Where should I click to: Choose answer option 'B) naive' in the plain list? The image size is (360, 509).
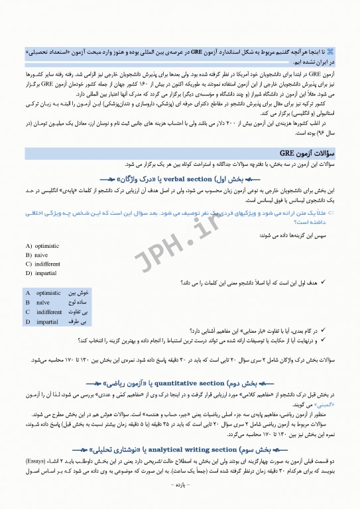(x=37, y=254)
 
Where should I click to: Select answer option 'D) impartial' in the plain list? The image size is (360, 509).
(x=41, y=273)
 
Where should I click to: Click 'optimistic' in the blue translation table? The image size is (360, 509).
(x=48, y=292)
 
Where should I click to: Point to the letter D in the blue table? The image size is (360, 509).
(x=28, y=322)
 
